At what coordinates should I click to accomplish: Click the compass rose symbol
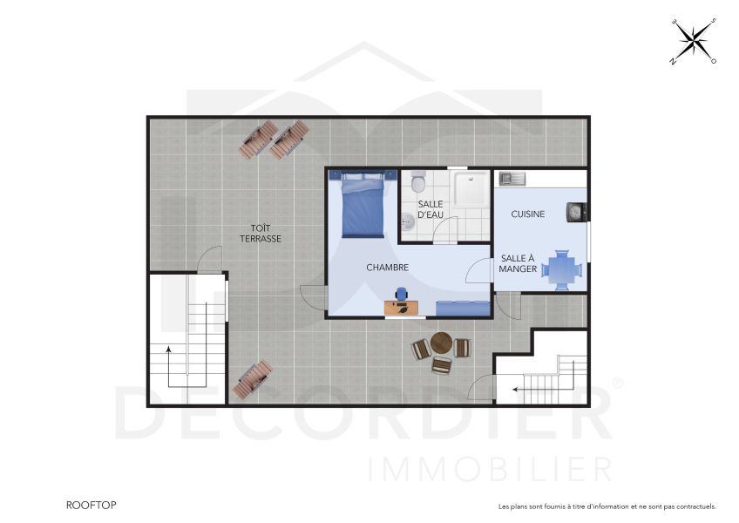pyautogui.click(x=693, y=40)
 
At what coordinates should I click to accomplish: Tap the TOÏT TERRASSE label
pyautogui.click(x=261, y=233)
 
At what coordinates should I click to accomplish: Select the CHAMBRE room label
pyautogui.click(x=387, y=268)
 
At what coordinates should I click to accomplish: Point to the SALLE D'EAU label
pyautogui.click(x=431, y=208)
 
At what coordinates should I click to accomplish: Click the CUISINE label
pyautogui.click(x=528, y=214)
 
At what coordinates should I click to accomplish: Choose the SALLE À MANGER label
pyautogui.click(x=518, y=263)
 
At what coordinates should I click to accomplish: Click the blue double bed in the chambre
pyautogui.click(x=363, y=205)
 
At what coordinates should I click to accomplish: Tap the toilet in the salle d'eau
pyautogui.click(x=418, y=182)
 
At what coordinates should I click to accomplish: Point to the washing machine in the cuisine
pyautogui.click(x=577, y=210)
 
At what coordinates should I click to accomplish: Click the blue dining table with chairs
pyautogui.click(x=561, y=268)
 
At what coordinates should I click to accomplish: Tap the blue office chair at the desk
pyautogui.click(x=402, y=295)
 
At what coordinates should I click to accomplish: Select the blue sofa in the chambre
pyautogui.click(x=462, y=307)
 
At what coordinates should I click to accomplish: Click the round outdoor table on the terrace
pyautogui.click(x=442, y=341)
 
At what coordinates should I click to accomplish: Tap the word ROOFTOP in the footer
pyautogui.click(x=91, y=505)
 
